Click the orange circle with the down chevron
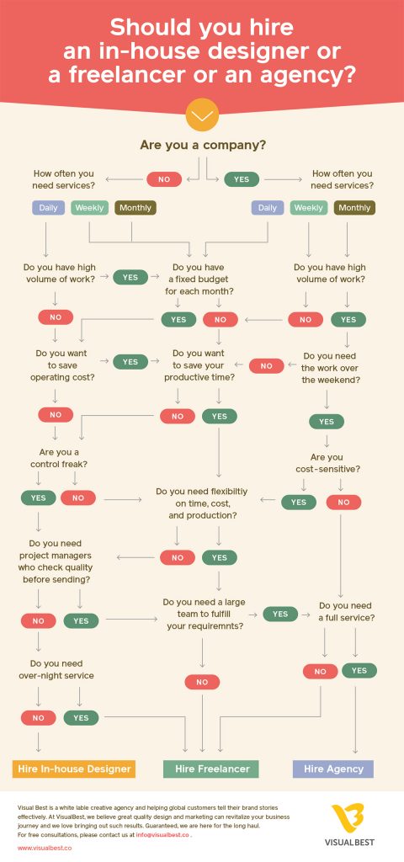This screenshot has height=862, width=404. [x=202, y=114]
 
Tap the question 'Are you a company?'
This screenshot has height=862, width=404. [x=202, y=145]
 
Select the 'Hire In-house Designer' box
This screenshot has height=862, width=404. [x=74, y=769]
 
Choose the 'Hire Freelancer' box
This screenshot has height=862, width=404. [x=210, y=769]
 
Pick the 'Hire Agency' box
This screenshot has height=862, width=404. [x=332, y=769]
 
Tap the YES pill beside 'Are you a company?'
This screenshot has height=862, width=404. [x=242, y=178]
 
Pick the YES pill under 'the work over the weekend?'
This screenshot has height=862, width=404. [x=326, y=422]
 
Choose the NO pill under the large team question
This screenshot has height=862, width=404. [x=202, y=682]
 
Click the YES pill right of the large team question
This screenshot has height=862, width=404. [x=280, y=615]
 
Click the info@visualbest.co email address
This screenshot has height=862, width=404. [x=165, y=834]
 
